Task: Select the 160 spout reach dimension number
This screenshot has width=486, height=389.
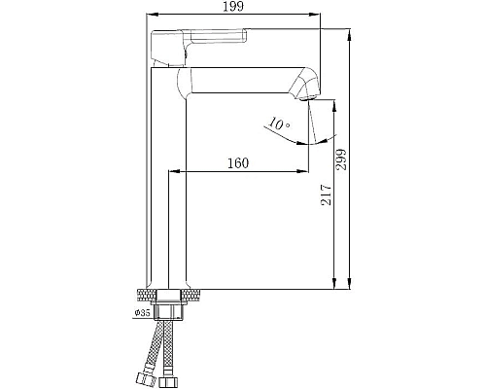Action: point(237,162)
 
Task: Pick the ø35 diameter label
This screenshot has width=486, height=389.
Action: point(143,313)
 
